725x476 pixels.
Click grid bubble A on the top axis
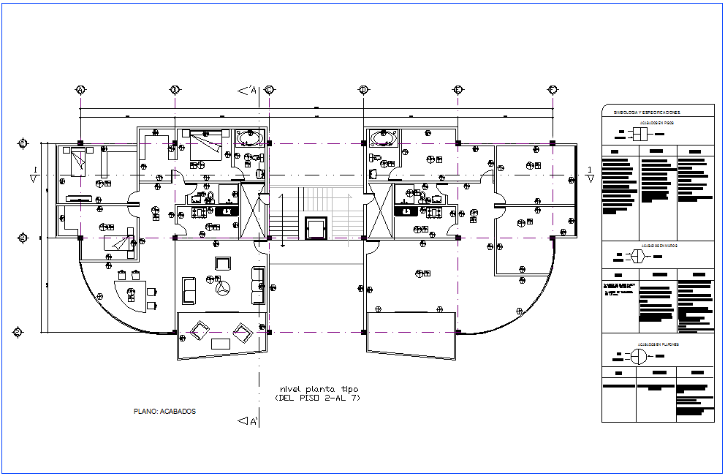pyautogui.click(x=80, y=90)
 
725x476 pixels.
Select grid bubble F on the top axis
pyautogui.click(x=553, y=90)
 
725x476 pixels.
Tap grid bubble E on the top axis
pyautogui.click(x=458, y=90)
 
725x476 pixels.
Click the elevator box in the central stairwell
pyautogui.click(x=316, y=227)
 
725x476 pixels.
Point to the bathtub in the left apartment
pyautogui.click(x=251, y=138)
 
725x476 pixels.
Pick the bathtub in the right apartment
pyautogui.click(x=383, y=138)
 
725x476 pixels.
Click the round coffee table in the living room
pyautogui.click(x=223, y=289)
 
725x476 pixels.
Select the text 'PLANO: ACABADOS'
pyautogui.click(x=164, y=411)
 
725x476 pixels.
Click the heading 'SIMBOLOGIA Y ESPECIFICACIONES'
pyautogui.click(x=646, y=113)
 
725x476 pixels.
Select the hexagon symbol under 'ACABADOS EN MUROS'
pyautogui.click(x=637, y=256)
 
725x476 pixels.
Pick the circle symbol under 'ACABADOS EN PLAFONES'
pyautogui.click(x=638, y=356)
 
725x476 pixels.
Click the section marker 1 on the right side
pyautogui.click(x=590, y=173)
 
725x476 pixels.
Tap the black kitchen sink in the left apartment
pyautogui.click(x=227, y=211)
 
